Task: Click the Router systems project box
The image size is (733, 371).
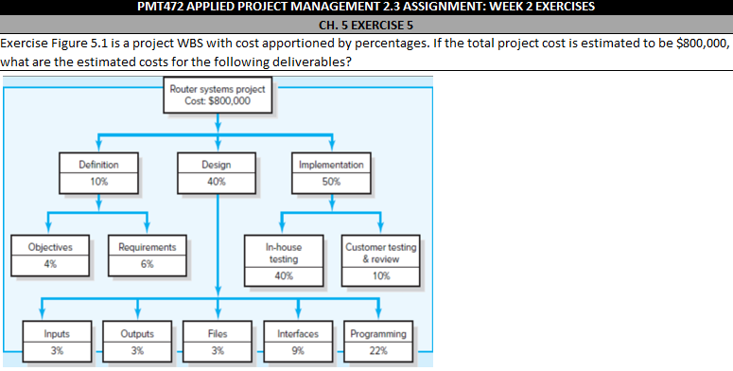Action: (218, 96)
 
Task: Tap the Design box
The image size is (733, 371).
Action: (217, 171)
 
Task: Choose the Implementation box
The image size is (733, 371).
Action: (331, 171)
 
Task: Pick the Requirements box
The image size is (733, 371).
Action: (147, 255)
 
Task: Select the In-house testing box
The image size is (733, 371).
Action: (284, 260)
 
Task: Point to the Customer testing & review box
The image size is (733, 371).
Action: (380, 260)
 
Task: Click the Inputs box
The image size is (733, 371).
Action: (56, 342)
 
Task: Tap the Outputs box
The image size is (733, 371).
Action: (137, 342)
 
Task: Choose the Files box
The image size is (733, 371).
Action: (217, 342)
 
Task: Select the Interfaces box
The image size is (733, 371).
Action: (297, 342)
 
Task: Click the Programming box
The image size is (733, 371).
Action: (378, 342)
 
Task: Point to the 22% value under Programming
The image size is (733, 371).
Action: (378, 351)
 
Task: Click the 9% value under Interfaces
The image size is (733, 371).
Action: (297, 351)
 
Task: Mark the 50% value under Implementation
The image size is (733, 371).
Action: (331, 180)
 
